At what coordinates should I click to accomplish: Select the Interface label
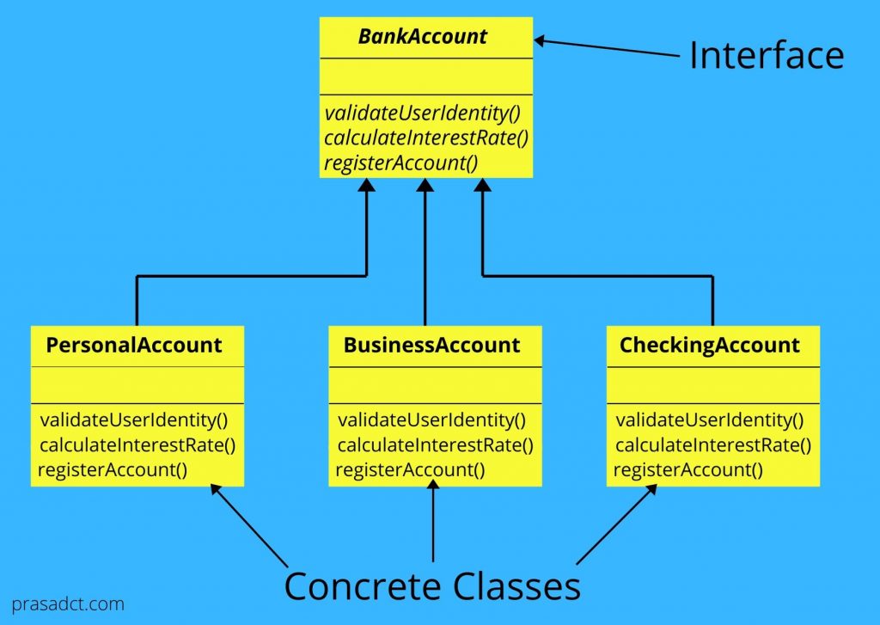pyautogui.click(x=767, y=56)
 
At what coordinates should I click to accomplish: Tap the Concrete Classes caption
pyautogui.click(x=432, y=586)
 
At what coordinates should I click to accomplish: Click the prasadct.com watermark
pyautogui.click(x=69, y=604)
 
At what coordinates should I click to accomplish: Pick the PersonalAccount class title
pyautogui.click(x=134, y=346)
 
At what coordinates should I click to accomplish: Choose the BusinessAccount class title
pyautogui.click(x=431, y=346)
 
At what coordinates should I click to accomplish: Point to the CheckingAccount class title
pyautogui.click(x=710, y=346)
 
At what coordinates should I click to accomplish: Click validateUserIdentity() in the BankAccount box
pyautogui.click(x=424, y=113)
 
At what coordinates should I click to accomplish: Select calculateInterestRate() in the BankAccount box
pyautogui.click(x=426, y=138)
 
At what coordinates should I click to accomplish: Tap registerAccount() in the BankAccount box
pyautogui.click(x=400, y=162)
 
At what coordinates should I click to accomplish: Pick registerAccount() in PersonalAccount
pyautogui.click(x=113, y=469)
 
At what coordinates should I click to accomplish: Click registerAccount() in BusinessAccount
pyautogui.click(x=410, y=469)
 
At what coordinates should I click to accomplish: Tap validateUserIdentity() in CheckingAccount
pyautogui.click(x=710, y=420)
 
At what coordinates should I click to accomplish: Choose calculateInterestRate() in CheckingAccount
pyautogui.click(x=713, y=445)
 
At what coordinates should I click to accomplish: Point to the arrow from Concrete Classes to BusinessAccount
pyautogui.click(x=432, y=524)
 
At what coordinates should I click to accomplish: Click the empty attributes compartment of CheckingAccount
pyautogui.click(x=713, y=385)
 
